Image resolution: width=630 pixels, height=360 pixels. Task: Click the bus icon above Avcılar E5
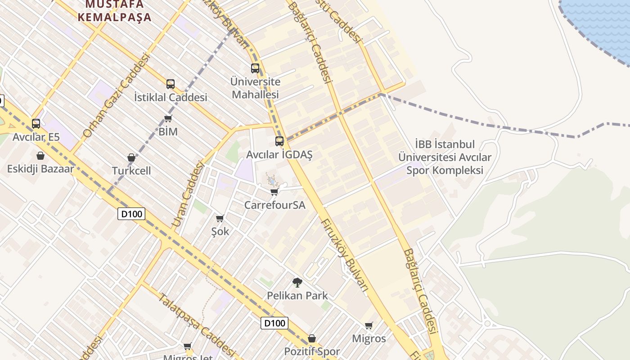click(x=36, y=123)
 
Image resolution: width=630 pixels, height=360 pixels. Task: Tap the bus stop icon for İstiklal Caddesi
click(x=170, y=84)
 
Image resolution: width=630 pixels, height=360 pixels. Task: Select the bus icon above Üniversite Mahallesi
click(x=255, y=68)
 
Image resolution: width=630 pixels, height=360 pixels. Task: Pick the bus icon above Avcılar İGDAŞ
click(x=279, y=141)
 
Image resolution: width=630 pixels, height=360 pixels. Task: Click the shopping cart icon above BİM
click(x=168, y=118)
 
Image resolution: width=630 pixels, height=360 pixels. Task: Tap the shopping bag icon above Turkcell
click(x=131, y=157)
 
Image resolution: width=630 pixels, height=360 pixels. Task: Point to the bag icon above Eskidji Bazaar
click(x=40, y=156)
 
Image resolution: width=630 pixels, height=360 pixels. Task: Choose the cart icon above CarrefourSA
click(x=274, y=192)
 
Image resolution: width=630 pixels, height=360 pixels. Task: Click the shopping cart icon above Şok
click(x=220, y=219)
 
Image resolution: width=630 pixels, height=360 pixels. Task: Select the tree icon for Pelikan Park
click(x=297, y=283)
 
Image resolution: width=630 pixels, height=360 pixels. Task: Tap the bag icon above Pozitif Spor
click(x=312, y=338)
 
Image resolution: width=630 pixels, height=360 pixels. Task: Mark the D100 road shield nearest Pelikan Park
click(x=274, y=323)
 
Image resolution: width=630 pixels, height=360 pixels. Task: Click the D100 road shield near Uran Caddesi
click(x=131, y=214)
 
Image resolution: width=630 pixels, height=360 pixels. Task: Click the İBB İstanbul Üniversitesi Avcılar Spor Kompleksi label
click(x=445, y=157)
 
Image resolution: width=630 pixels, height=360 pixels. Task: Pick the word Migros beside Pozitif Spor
click(x=369, y=338)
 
